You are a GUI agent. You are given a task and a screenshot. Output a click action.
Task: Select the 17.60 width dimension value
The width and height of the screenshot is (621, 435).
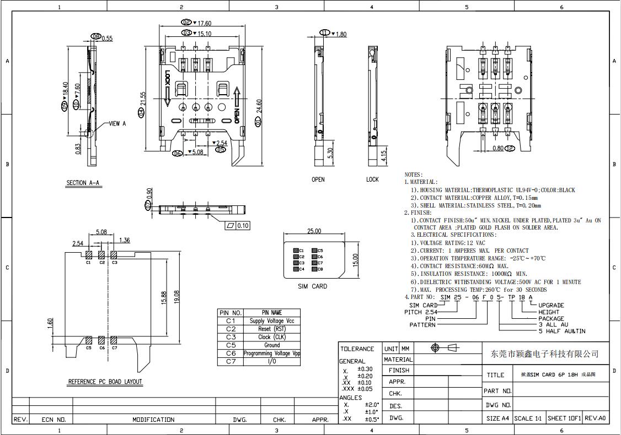[204, 23]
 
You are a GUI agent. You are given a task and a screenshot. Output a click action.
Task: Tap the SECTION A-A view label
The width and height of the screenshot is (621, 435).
[84, 183]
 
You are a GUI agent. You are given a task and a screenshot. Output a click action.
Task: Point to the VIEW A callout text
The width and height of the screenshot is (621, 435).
[117, 124]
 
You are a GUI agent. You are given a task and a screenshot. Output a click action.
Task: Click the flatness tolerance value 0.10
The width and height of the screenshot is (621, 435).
[243, 226]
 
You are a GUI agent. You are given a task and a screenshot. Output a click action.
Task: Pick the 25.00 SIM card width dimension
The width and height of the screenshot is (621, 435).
[314, 231]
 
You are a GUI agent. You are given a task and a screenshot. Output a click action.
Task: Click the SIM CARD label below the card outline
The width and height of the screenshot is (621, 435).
[312, 286]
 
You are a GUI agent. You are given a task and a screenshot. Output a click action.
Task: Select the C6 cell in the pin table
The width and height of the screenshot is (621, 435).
[231, 354]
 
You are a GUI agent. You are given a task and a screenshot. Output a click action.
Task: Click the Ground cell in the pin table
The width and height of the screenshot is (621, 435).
[272, 345]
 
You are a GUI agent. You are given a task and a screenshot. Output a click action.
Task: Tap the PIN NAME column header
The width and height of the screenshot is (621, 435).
[272, 313]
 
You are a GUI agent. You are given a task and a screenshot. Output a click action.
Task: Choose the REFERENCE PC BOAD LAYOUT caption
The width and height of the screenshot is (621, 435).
[105, 382]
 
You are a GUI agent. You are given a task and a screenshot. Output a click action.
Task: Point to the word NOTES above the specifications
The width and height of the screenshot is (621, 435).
[414, 175]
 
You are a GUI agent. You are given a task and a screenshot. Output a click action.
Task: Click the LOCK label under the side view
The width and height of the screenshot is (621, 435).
[373, 180]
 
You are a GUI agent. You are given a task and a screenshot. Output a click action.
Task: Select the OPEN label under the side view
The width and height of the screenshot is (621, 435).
[318, 180]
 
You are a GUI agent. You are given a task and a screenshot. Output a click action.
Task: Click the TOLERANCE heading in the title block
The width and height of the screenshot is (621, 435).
[357, 349]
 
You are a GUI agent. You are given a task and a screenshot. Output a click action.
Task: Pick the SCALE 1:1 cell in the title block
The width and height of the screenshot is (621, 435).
[528, 418]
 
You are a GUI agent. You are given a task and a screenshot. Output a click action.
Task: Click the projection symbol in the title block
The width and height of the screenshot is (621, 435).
[446, 348]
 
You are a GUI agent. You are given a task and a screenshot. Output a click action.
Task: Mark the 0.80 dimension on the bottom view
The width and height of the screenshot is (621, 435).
[497, 149]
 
